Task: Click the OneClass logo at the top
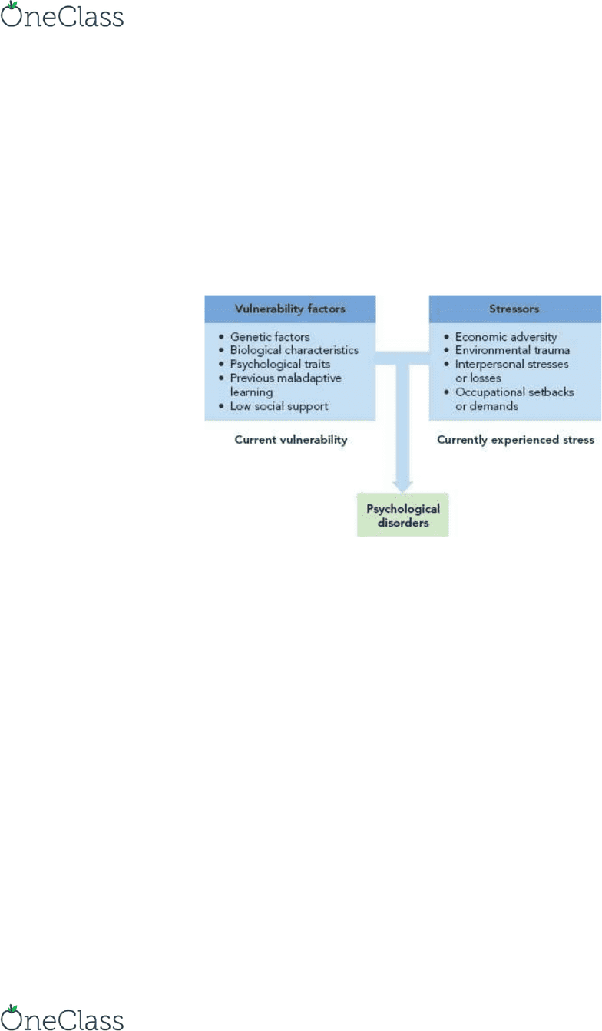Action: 62,15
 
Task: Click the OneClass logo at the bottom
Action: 62,1018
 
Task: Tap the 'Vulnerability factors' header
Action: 290,309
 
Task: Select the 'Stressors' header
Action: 514,309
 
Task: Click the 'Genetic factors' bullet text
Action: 270,337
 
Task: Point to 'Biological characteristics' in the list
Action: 294,350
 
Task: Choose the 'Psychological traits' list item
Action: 279,364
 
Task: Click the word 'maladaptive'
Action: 309,378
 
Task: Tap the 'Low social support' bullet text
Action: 279,406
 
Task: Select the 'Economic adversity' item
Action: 506,337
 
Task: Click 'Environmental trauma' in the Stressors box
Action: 512,350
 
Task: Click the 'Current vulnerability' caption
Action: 291,440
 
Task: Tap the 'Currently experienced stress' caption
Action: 515,440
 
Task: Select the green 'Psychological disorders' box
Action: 402,514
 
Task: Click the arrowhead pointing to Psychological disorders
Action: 402,487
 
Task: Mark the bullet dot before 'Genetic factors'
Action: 221,337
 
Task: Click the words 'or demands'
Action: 487,406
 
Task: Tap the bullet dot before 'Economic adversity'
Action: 446,337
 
